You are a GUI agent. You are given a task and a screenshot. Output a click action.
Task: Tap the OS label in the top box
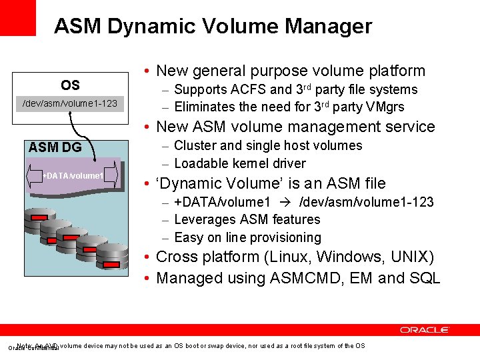(70, 85)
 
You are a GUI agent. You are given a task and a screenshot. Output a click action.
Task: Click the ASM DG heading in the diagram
(55, 147)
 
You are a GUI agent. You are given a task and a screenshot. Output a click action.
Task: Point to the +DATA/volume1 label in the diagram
(73, 175)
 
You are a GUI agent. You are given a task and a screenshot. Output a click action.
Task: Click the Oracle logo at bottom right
(425, 329)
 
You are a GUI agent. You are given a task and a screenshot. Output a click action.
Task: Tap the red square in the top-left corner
(18, 18)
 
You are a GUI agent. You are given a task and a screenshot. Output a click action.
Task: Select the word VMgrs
(385, 107)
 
